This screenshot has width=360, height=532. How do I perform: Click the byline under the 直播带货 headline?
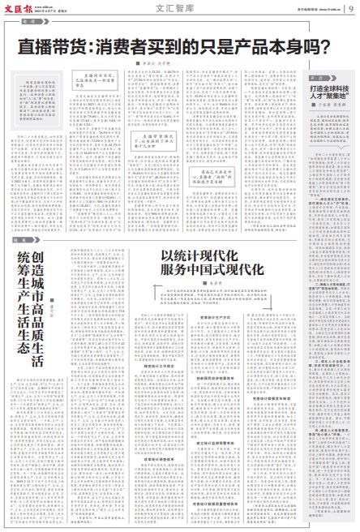click(154, 63)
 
